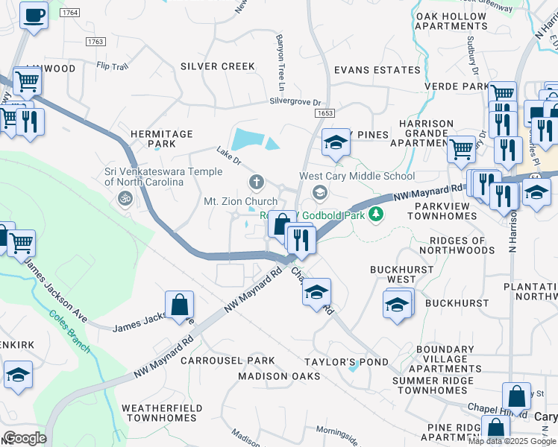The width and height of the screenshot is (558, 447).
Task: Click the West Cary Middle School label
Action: point(357,177)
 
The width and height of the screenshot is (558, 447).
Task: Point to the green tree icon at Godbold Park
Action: point(377,215)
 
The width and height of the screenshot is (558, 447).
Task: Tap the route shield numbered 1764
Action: point(69,13)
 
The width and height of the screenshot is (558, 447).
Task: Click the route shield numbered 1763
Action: point(95,42)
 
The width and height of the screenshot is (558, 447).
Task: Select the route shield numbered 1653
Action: point(324,113)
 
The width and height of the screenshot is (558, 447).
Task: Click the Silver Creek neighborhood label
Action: point(218,66)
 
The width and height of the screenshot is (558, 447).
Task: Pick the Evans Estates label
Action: point(377,70)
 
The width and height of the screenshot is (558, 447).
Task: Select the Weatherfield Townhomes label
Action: point(161,413)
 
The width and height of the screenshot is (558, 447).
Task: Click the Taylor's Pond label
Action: point(346,362)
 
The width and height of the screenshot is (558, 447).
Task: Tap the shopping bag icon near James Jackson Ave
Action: point(180,305)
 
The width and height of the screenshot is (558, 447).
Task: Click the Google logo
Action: point(24,438)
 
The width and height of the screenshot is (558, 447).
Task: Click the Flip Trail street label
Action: point(113,66)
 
